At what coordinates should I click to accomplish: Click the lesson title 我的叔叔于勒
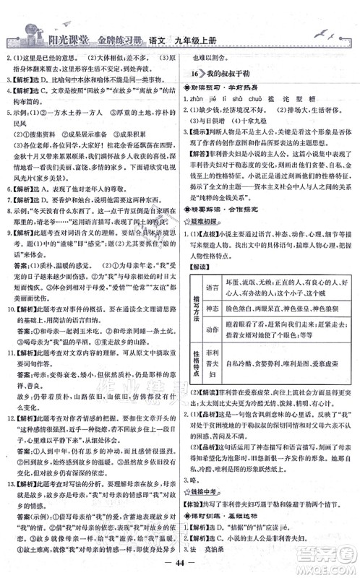231,74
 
